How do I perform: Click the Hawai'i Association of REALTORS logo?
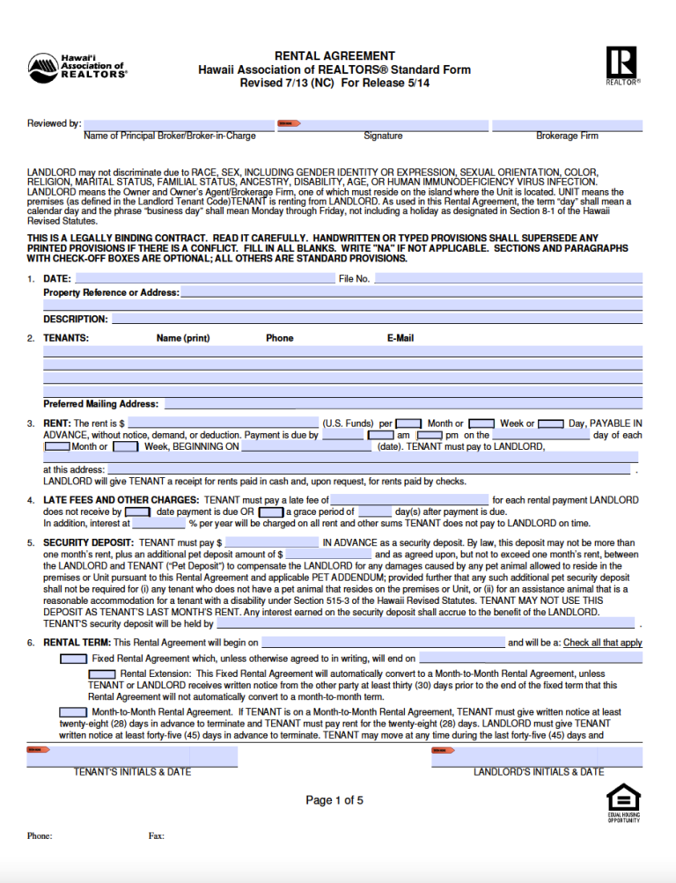coord(77,66)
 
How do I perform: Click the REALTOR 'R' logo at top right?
coord(622,63)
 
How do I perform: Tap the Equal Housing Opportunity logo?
coord(623,801)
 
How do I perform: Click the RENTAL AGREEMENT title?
coord(334,55)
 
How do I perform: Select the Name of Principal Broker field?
coord(169,124)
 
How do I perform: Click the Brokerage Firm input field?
coord(567,124)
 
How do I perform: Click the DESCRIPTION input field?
coord(377,319)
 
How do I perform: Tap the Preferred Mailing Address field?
coord(403,404)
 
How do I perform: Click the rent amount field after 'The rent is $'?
coord(223,423)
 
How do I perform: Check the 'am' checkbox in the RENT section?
coord(380,435)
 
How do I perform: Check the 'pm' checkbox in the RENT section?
coord(430,435)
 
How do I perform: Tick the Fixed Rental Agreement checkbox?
coord(73,659)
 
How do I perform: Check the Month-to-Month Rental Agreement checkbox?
coord(73,712)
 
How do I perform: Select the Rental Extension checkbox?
coord(102,673)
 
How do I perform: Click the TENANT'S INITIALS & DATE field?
coord(132,756)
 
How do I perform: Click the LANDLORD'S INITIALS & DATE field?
coord(539,756)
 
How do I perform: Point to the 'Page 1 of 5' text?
coord(334,800)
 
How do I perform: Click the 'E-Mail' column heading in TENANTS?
coord(400,338)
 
